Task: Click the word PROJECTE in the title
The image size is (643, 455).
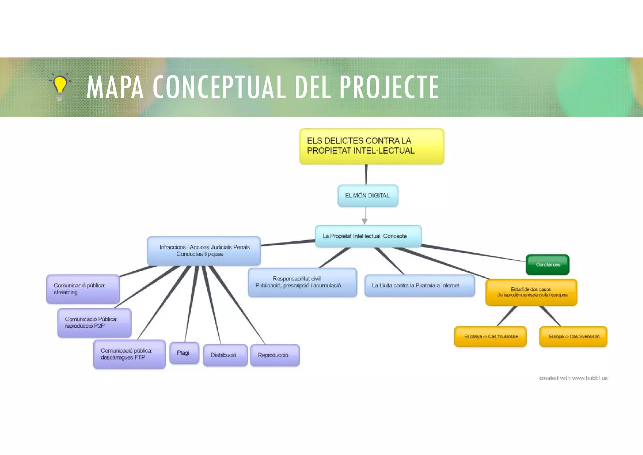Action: pos(389,87)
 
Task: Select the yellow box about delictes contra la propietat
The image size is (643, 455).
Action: pos(371,146)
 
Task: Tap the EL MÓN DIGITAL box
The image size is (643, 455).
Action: pos(368,196)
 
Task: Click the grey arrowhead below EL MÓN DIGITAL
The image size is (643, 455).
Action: pos(365,222)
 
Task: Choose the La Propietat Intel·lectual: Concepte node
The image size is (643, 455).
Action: pos(368,236)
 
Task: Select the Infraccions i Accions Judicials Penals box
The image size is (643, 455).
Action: pos(204,251)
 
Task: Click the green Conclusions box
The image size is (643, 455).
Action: pos(548,265)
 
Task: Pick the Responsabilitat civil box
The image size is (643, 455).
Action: pos(302,282)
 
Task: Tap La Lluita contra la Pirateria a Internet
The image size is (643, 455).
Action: pos(419,286)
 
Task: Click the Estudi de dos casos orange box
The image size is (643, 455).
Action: pos(531,292)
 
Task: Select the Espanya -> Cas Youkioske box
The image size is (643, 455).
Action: pos(490,337)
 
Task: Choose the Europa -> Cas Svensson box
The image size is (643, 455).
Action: pos(573,337)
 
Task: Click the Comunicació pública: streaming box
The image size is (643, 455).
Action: pos(83,289)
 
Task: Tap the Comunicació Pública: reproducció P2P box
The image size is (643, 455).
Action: pos(94,323)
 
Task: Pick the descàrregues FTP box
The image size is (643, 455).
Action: pos(129,354)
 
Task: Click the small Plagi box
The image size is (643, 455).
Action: pos(184,353)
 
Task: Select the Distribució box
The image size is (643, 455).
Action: pos(225,355)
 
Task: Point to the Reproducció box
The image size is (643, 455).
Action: pos(275,355)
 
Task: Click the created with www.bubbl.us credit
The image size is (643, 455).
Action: pos(573,378)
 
